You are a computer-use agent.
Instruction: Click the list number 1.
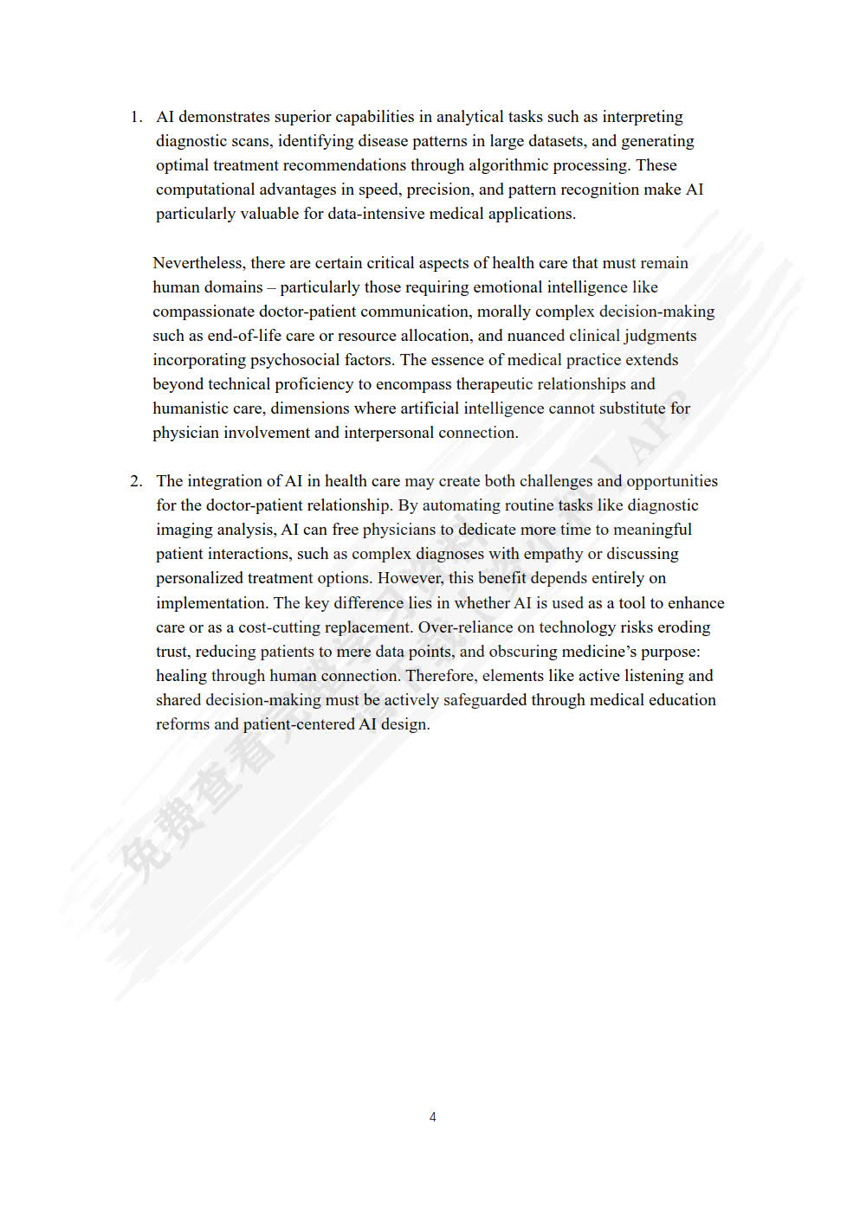(135, 117)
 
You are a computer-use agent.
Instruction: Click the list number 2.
(135, 481)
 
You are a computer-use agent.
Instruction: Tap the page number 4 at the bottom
(432, 1117)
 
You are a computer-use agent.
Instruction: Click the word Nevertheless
(198, 263)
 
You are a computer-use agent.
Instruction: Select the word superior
(302, 117)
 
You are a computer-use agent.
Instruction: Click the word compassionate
(204, 312)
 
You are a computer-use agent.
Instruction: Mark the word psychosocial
(299, 360)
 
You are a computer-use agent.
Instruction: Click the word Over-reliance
(465, 627)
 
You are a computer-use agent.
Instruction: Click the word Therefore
(441, 676)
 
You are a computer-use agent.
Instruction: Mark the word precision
(439, 190)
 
